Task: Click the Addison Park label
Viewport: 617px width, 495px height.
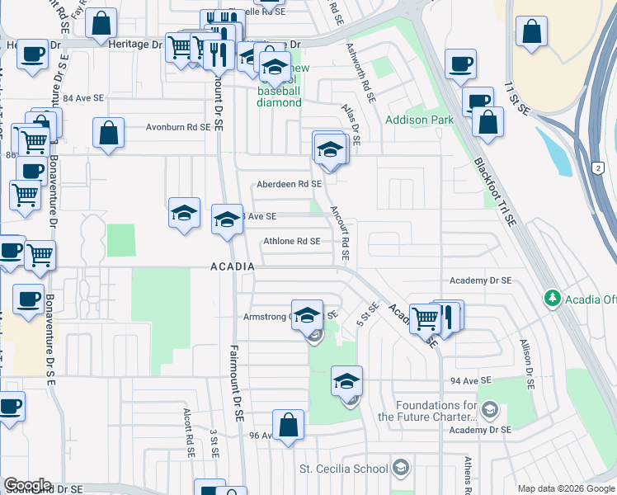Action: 419,120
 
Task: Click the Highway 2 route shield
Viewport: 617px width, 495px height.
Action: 596,167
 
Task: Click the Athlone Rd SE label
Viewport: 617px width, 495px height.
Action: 291,242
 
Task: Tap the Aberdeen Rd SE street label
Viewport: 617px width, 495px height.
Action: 289,184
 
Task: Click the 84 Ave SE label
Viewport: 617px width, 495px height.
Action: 83,98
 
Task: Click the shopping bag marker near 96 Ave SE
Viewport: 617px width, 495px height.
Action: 289,426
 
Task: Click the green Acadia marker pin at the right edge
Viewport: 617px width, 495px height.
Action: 552,298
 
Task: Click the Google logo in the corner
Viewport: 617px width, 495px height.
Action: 27,485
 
